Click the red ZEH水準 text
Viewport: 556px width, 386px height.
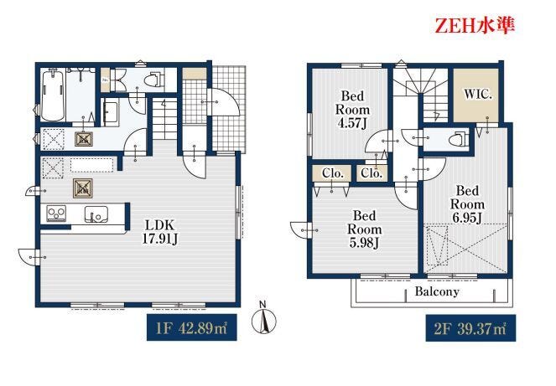click(475, 25)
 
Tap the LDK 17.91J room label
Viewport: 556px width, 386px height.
click(159, 232)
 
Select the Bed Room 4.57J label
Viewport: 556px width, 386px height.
click(352, 110)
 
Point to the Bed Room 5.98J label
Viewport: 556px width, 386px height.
click(364, 229)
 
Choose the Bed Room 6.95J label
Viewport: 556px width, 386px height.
click(467, 204)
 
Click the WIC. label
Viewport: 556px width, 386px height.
click(478, 95)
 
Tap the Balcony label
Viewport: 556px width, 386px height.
click(437, 291)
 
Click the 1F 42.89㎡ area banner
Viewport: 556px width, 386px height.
click(192, 327)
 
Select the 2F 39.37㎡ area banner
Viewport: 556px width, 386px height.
click(470, 328)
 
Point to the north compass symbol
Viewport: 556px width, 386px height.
click(263, 319)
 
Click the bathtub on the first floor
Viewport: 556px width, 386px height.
click(53, 95)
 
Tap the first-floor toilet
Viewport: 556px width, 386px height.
click(155, 80)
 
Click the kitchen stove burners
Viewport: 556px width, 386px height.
click(56, 214)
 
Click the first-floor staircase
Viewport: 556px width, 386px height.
click(164, 119)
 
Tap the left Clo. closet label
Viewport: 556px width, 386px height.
click(333, 173)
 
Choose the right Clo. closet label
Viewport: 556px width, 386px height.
click(372, 173)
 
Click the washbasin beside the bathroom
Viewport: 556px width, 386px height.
click(111, 112)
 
